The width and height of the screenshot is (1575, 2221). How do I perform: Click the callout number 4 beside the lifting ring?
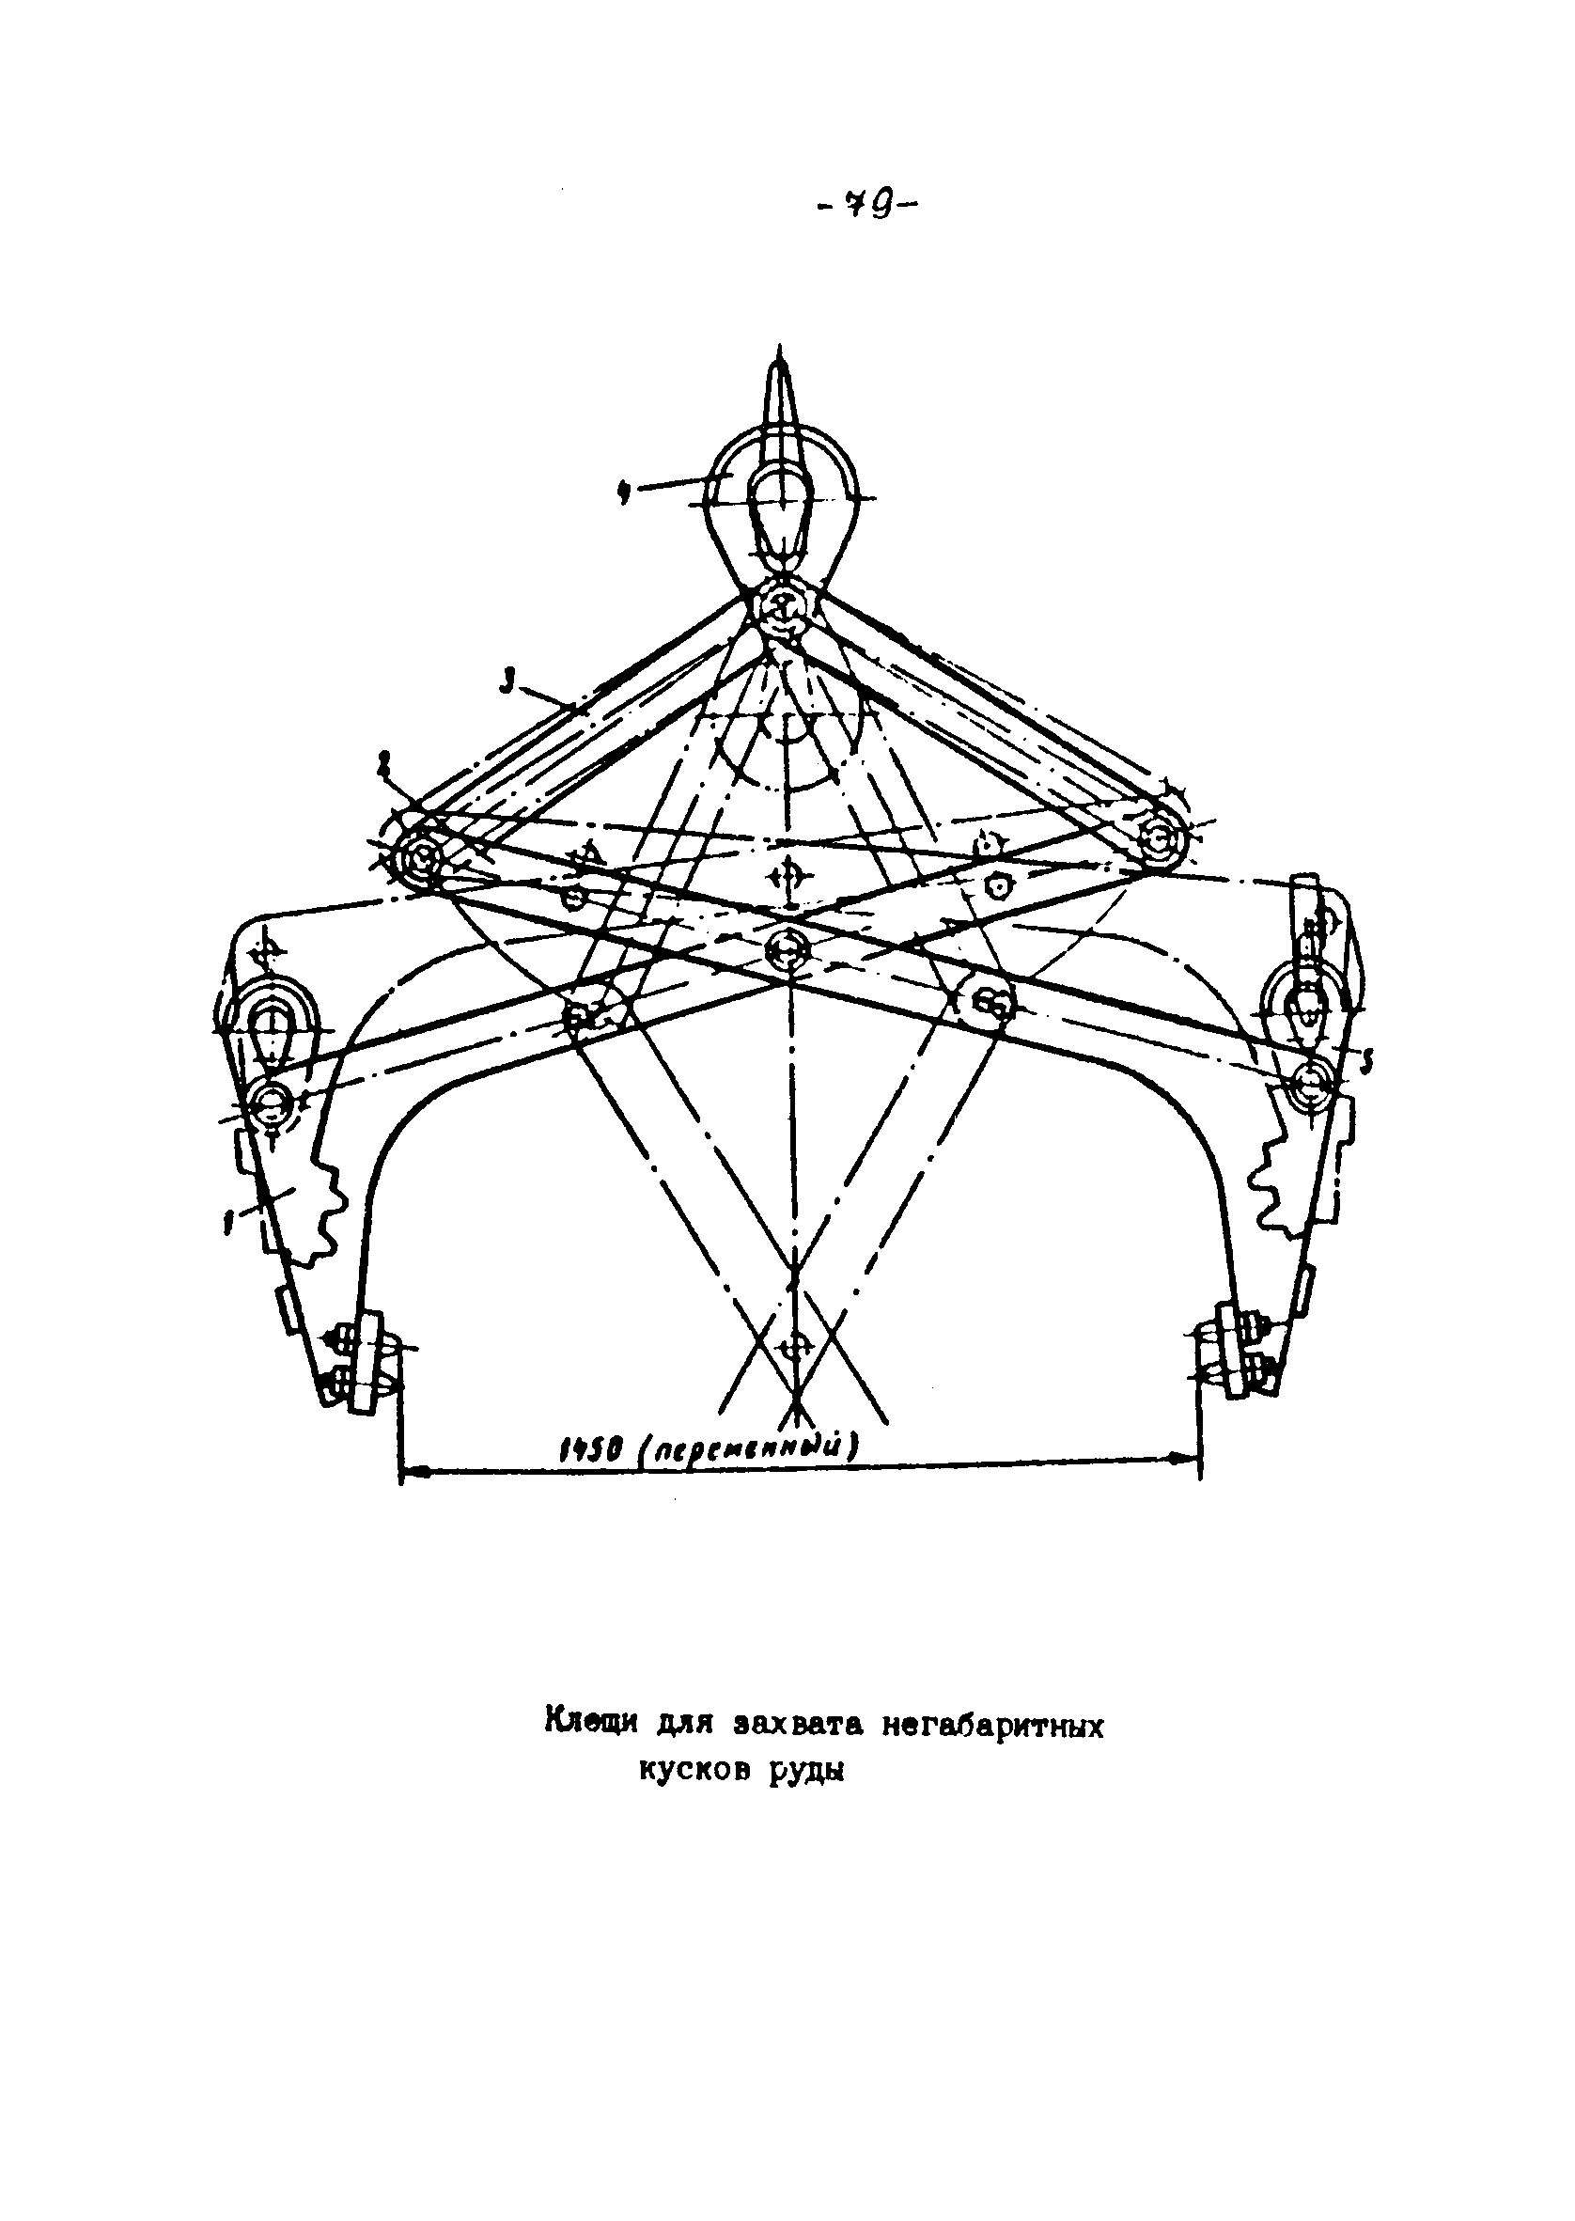tap(626, 491)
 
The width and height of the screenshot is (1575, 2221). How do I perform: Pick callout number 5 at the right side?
tap(1365, 1064)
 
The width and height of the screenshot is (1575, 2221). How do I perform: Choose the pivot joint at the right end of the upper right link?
tap(1158, 833)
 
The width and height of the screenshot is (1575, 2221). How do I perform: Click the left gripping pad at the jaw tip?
tap(368, 1363)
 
